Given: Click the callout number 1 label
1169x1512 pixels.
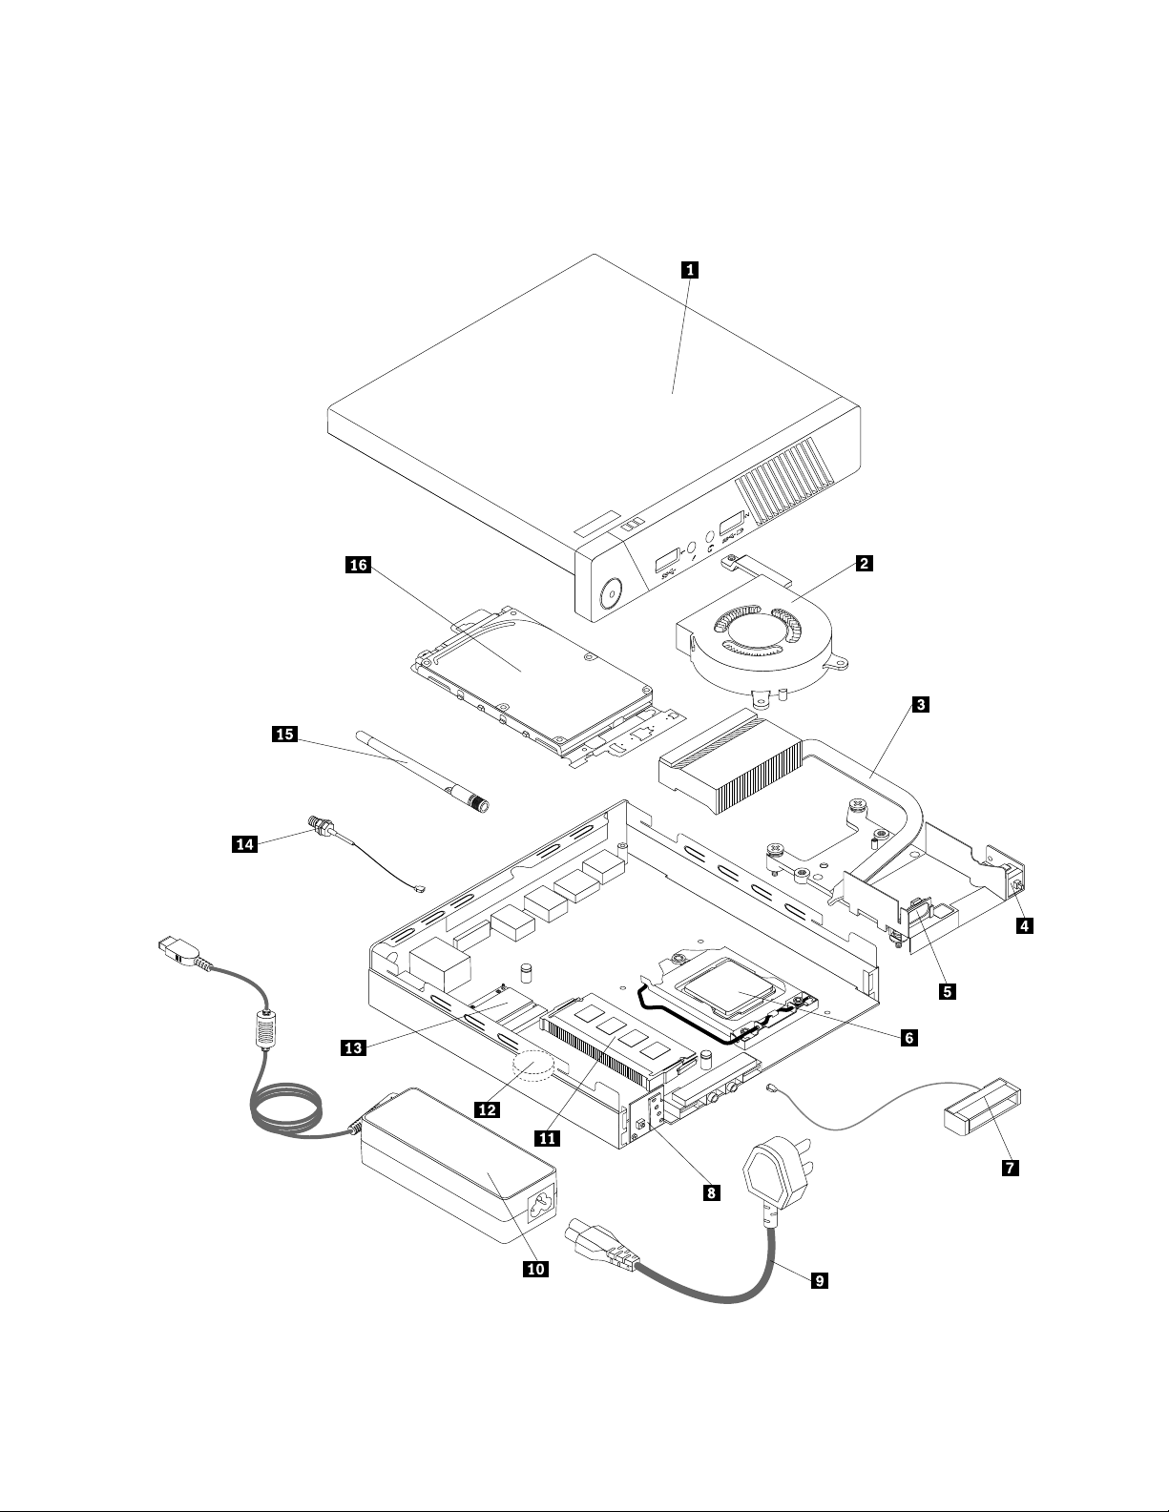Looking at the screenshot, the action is (x=689, y=269).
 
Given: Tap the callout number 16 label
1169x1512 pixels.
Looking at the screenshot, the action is (x=359, y=565).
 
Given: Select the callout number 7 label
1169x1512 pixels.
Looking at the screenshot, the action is (x=1010, y=1168).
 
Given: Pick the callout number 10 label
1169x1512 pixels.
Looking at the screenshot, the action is (x=535, y=1269).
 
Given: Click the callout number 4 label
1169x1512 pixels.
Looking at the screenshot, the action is (x=1024, y=925).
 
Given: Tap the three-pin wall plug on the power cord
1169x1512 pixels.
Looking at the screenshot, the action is (x=779, y=1174).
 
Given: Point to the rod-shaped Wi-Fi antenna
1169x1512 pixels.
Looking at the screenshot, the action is (x=422, y=770).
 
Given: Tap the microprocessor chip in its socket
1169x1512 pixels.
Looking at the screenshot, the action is (x=729, y=992).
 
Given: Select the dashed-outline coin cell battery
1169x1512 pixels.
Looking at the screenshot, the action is (x=532, y=1066).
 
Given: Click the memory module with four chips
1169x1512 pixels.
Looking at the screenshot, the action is (x=619, y=1042).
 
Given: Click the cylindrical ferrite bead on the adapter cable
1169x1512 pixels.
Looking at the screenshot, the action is (x=264, y=1030).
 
